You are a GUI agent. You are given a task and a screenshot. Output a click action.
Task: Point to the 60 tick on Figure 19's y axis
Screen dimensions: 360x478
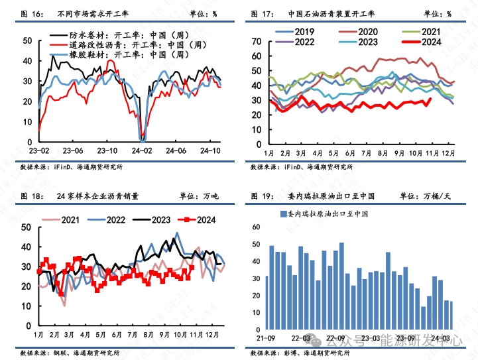[256, 227]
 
